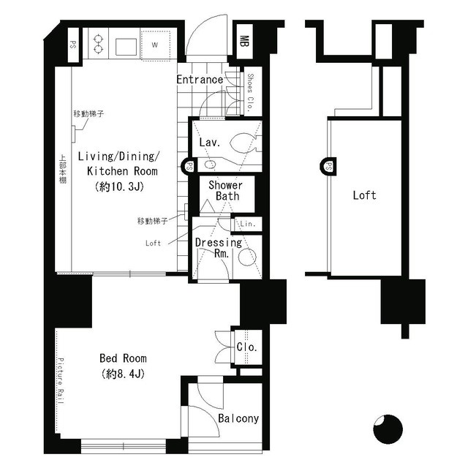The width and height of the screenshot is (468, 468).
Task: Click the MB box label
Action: pyautogui.click(x=244, y=42)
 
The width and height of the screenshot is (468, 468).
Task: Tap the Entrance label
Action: pyautogui.click(x=200, y=79)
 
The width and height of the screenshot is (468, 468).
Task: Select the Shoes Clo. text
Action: pyautogui.click(x=250, y=92)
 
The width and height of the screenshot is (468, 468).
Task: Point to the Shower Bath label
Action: pyautogui.click(x=224, y=191)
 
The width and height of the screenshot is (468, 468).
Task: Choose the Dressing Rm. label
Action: pyautogui.click(x=218, y=248)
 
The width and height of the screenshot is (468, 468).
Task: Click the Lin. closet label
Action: pyautogui.click(x=248, y=224)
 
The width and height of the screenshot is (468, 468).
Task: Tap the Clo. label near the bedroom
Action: pyautogui.click(x=246, y=347)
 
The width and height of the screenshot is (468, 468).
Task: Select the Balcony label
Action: pyautogui.click(x=238, y=419)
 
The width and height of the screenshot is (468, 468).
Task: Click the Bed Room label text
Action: pyautogui.click(x=123, y=358)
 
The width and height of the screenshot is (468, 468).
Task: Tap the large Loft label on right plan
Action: pyautogui.click(x=364, y=195)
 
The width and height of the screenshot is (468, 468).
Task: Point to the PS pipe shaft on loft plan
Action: pyautogui.click(x=326, y=167)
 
